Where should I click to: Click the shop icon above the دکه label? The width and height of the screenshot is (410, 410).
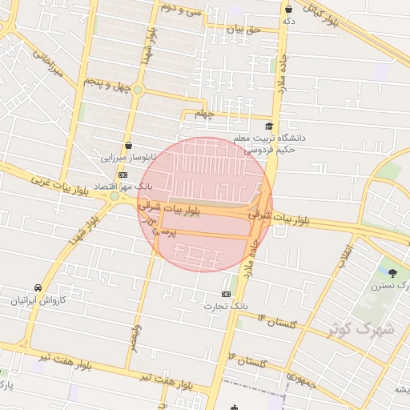[x=288, y=9]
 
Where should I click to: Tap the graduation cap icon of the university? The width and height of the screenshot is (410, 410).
[x=270, y=126]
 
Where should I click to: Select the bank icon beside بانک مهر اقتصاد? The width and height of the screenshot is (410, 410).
[x=123, y=175]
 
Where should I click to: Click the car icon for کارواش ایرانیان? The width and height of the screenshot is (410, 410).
[x=38, y=287]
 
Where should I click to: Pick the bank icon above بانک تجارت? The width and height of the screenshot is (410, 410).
[x=226, y=294]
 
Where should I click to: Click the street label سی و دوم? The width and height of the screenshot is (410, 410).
[x=180, y=10]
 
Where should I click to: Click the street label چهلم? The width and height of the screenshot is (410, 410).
[x=206, y=115]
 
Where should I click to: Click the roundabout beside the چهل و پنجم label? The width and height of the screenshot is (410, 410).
[x=138, y=90]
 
